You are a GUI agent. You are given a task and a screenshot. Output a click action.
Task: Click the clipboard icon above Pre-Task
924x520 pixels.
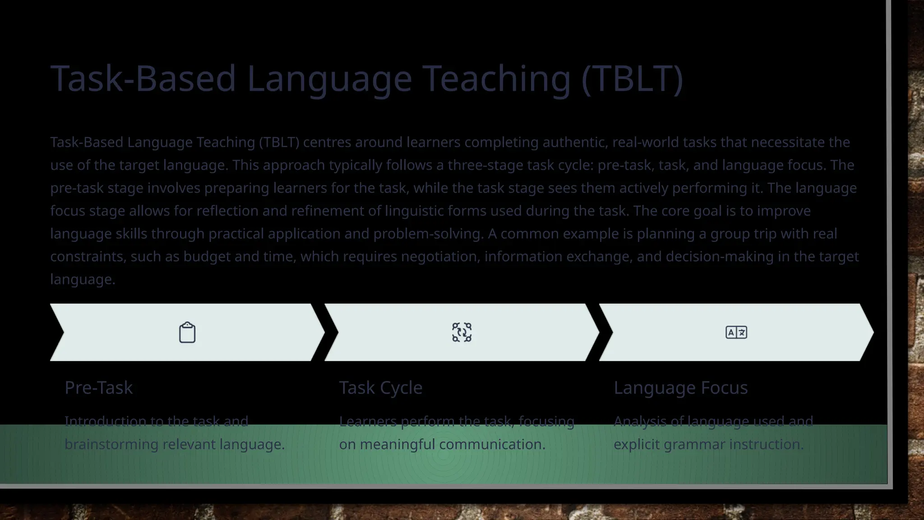tap(187, 333)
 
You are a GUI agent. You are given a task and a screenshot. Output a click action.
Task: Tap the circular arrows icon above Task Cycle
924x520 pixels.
tap(462, 333)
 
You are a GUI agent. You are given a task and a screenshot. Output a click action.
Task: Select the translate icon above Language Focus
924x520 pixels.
tap(736, 333)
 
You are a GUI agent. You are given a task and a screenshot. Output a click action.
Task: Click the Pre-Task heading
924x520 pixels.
tap(99, 388)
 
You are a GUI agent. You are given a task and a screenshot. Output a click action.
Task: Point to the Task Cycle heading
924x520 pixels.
tap(381, 388)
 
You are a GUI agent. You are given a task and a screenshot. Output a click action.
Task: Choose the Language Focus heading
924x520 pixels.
tap(680, 388)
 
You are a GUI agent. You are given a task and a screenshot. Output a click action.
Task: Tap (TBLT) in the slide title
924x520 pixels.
tap(632, 79)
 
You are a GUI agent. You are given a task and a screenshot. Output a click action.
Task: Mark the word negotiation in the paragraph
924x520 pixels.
tap(439, 256)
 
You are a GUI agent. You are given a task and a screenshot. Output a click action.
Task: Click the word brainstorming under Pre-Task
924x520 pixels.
tap(111, 445)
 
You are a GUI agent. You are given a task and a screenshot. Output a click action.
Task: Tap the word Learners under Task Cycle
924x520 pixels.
tap(368, 422)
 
